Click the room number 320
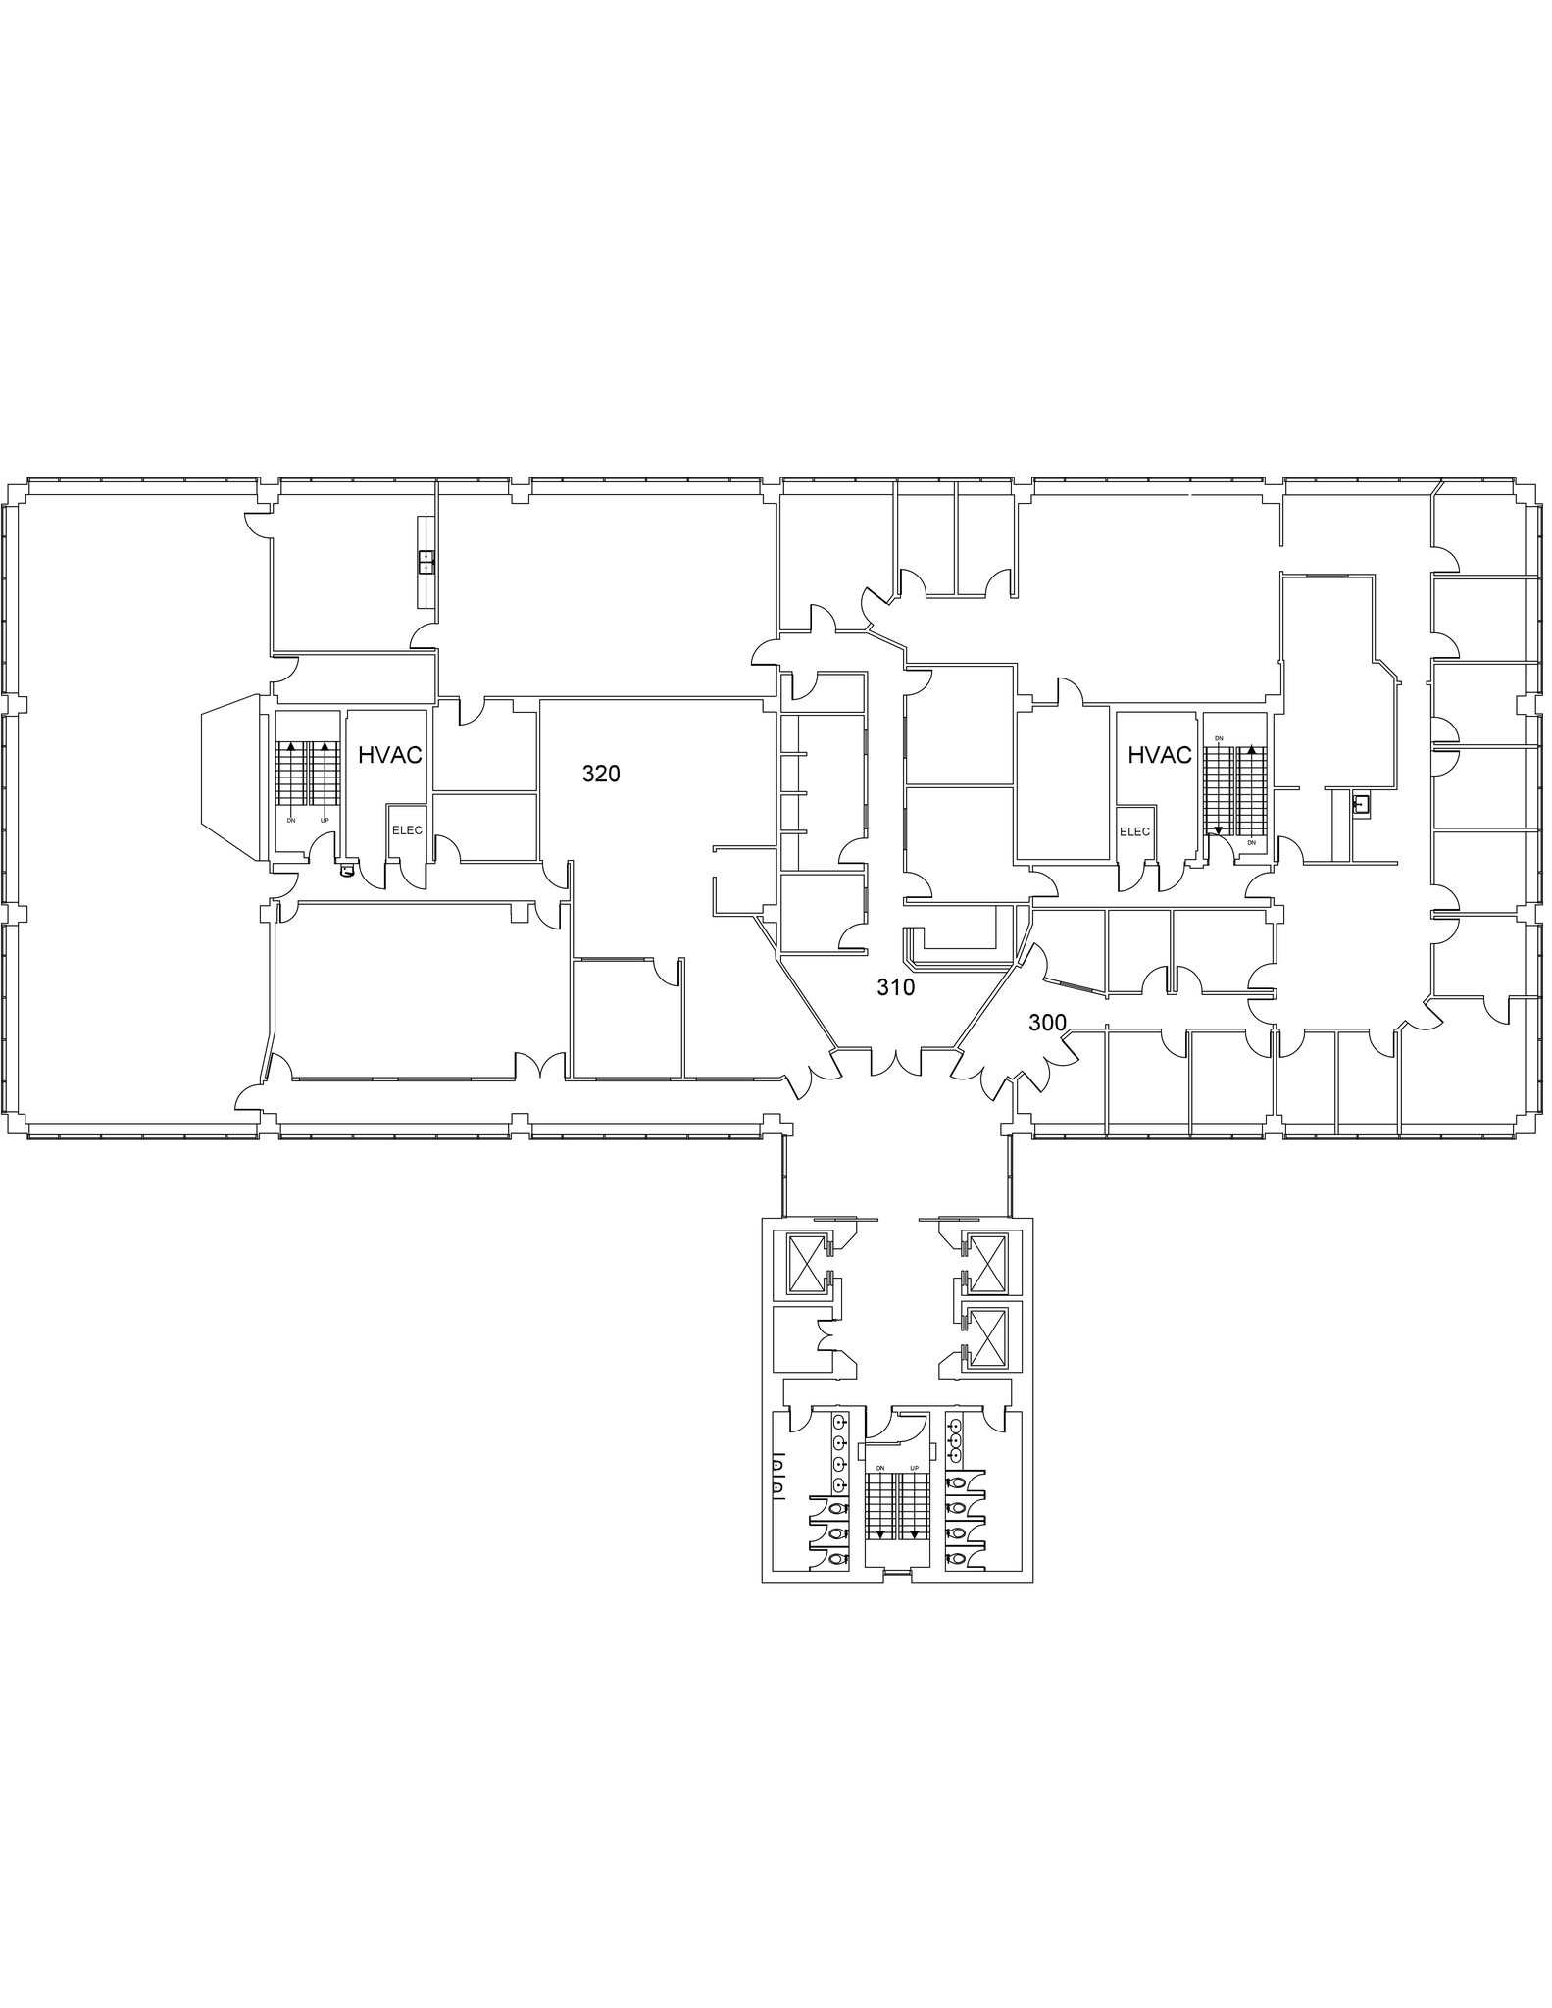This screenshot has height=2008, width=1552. point(601,775)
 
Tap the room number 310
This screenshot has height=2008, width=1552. point(895,987)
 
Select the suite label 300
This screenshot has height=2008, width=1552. point(1047,1023)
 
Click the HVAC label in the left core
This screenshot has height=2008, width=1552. point(389,755)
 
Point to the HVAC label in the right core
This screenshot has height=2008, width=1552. point(1160,755)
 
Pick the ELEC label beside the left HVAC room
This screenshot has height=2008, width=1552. point(407,830)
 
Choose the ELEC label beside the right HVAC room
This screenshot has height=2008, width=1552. point(1134,831)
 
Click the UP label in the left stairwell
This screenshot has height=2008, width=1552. point(325,820)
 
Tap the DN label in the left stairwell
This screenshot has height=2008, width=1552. point(291,820)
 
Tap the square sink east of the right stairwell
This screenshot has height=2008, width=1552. point(1360,805)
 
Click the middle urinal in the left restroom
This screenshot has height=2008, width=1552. point(777,1478)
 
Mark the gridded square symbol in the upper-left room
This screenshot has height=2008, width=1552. point(426,562)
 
